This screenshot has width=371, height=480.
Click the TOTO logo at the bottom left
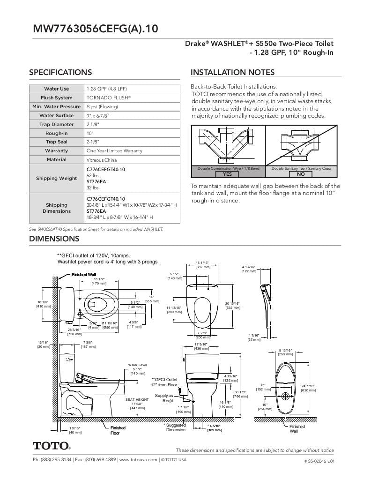pyautogui.click(x=52, y=445)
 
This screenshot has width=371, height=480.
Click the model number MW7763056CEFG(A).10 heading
pyautogui.click(x=95, y=29)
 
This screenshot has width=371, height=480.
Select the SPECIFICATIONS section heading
pyautogui.click(x=60, y=72)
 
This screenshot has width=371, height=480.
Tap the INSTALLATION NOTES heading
pyautogui.click(x=232, y=72)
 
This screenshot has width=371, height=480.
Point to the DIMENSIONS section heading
pyautogui.click(x=54, y=239)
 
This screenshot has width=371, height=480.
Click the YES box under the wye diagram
pyautogui.click(x=227, y=174)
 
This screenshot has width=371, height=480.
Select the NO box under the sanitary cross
pyautogui.click(x=300, y=174)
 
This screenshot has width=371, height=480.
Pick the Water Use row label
pyautogui.click(x=56, y=89)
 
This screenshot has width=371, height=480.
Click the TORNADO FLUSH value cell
pyautogui.click(x=109, y=97)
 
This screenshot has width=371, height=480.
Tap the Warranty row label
pyautogui.click(x=56, y=150)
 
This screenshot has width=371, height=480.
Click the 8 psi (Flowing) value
pyautogui.click(x=102, y=106)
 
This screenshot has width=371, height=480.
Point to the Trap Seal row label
pyautogui.click(x=56, y=142)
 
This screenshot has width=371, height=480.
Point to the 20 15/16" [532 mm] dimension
pyautogui.click(x=233, y=306)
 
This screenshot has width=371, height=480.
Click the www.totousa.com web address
pyautogui.click(x=138, y=460)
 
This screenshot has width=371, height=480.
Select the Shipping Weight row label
pyautogui.click(x=56, y=178)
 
